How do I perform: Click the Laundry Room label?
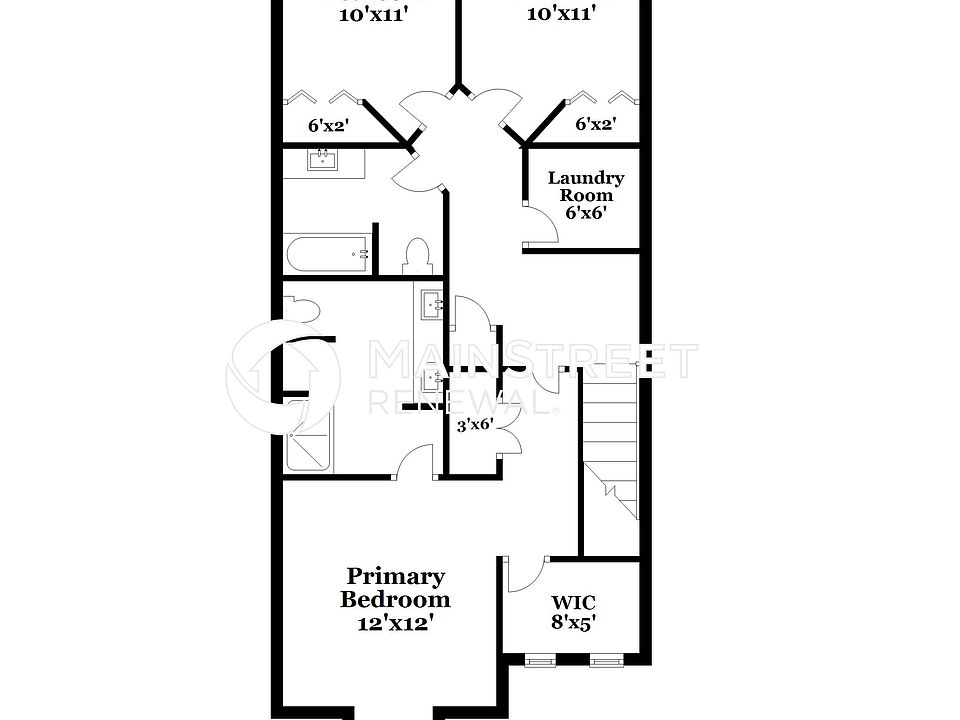585,186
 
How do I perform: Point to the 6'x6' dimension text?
586,213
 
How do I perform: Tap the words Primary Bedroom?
395,588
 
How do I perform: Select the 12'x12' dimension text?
395,622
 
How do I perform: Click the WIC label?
573,603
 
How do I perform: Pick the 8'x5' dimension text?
574,623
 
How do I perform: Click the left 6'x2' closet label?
327,126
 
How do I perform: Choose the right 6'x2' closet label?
595,125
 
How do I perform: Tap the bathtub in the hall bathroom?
327,254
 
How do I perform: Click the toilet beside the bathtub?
417,256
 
